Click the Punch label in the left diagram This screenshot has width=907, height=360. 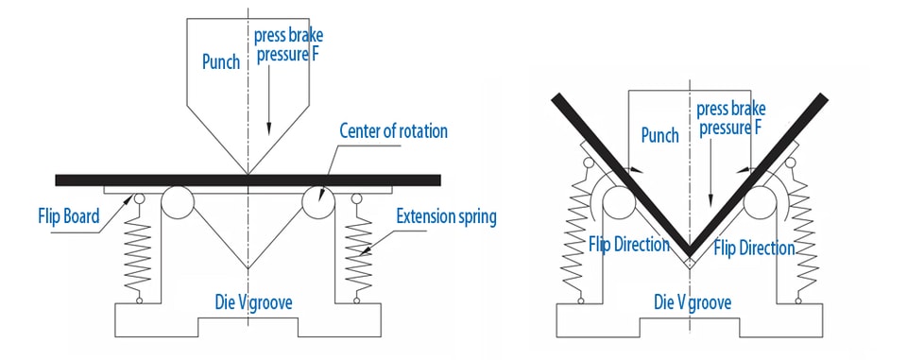221,62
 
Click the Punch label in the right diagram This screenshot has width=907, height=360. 660,135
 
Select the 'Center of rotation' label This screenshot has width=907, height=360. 393,130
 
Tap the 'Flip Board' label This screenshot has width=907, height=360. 69,217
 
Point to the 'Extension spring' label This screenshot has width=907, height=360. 446,217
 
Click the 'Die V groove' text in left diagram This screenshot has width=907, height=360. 253,302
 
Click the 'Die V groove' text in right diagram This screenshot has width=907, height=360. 693,302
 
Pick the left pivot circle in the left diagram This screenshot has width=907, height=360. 177,202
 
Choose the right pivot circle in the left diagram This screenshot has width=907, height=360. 318,202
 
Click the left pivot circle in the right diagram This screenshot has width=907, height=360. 619,202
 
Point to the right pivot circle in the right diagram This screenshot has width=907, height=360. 760,202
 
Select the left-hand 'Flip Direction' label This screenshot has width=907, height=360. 629,244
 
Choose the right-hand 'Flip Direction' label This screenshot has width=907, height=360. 754,249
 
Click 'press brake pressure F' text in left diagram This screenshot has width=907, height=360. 289,44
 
